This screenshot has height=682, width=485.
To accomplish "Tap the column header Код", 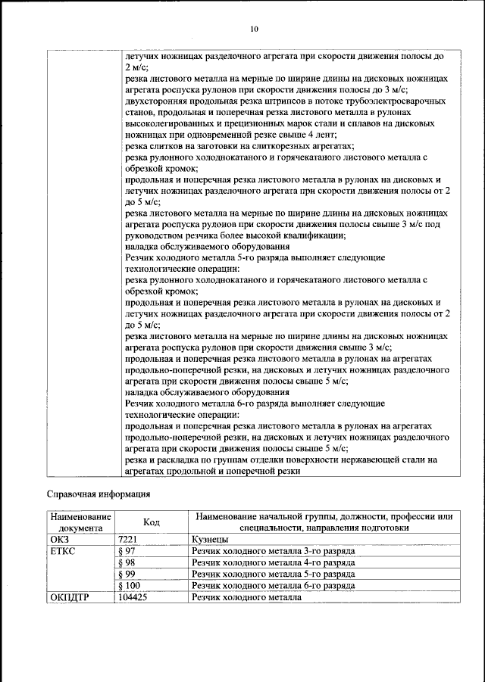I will coord(152,522).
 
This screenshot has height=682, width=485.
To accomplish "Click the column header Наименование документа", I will coord(80,522).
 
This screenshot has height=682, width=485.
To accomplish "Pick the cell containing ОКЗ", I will coord(61,539).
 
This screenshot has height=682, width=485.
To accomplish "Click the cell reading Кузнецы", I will coord(211,539).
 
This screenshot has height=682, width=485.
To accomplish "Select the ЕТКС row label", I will coord(64,551).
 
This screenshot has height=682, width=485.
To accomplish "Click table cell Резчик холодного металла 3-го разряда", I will coord(273,551).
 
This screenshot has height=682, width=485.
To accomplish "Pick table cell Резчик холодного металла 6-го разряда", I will coord(273,586).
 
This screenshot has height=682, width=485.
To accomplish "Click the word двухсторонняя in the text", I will coord(158,101).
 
